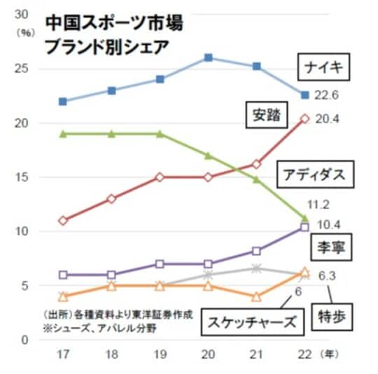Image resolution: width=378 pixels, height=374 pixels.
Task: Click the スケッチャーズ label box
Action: pos(249,322)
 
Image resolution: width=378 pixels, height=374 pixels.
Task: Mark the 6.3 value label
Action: pos(328,276)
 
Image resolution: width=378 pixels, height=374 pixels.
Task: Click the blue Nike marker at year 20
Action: pos(209,57)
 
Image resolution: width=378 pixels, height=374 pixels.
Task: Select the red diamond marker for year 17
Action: pos(64,220)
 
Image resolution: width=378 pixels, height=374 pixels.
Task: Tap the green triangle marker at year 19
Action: pos(160,134)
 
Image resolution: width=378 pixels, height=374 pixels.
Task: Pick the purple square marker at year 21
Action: pos(256,251)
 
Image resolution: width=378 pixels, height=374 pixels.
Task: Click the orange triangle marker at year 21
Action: pos(256,296)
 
